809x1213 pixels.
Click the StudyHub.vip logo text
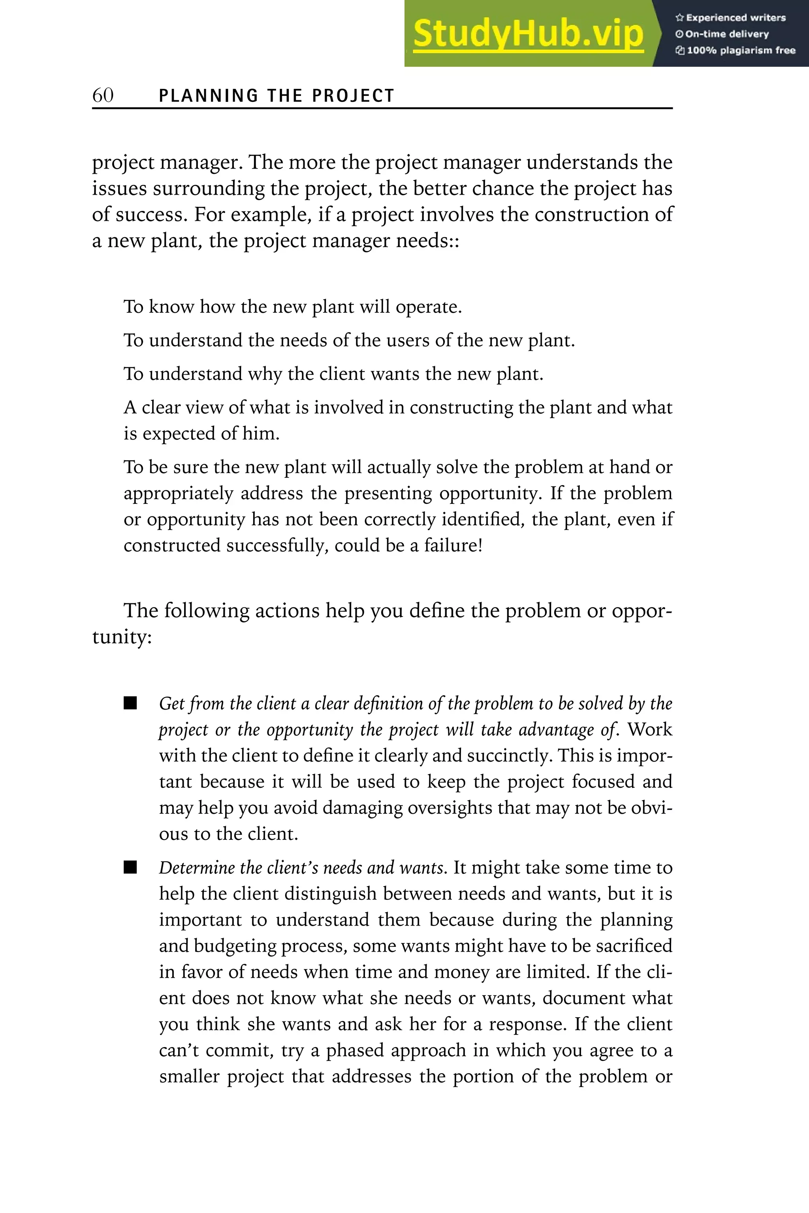(528, 34)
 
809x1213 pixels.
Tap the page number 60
(103, 95)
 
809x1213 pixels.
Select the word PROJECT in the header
(354, 96)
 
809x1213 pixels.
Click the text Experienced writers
(735, 17)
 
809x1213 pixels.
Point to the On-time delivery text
(726, 34)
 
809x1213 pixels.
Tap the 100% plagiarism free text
(740, 51)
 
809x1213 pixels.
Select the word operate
(428, 307)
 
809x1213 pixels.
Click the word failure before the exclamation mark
(451, 545)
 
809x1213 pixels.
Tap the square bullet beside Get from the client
(130, 704)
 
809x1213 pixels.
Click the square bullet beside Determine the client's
(130, 868)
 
